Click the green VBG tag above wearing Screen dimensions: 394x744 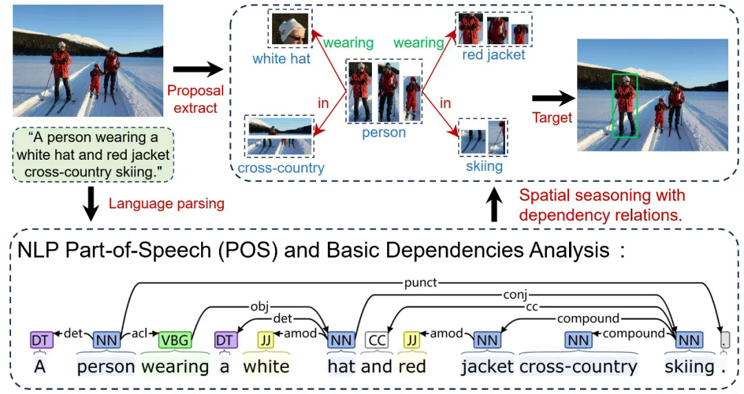[x=174, y=340]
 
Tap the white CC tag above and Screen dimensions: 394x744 [x=376, y=340]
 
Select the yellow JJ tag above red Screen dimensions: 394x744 [x=412, y=340]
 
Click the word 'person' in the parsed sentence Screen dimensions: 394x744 [x=105, y=366]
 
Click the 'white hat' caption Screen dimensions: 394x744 [x=281, y=59]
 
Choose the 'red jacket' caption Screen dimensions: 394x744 [x=493, y=55]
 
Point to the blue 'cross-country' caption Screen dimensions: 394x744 [x=280, y=167]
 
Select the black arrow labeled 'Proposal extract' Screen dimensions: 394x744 [x=197, y=69]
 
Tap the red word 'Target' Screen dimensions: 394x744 [x=552, y=117]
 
